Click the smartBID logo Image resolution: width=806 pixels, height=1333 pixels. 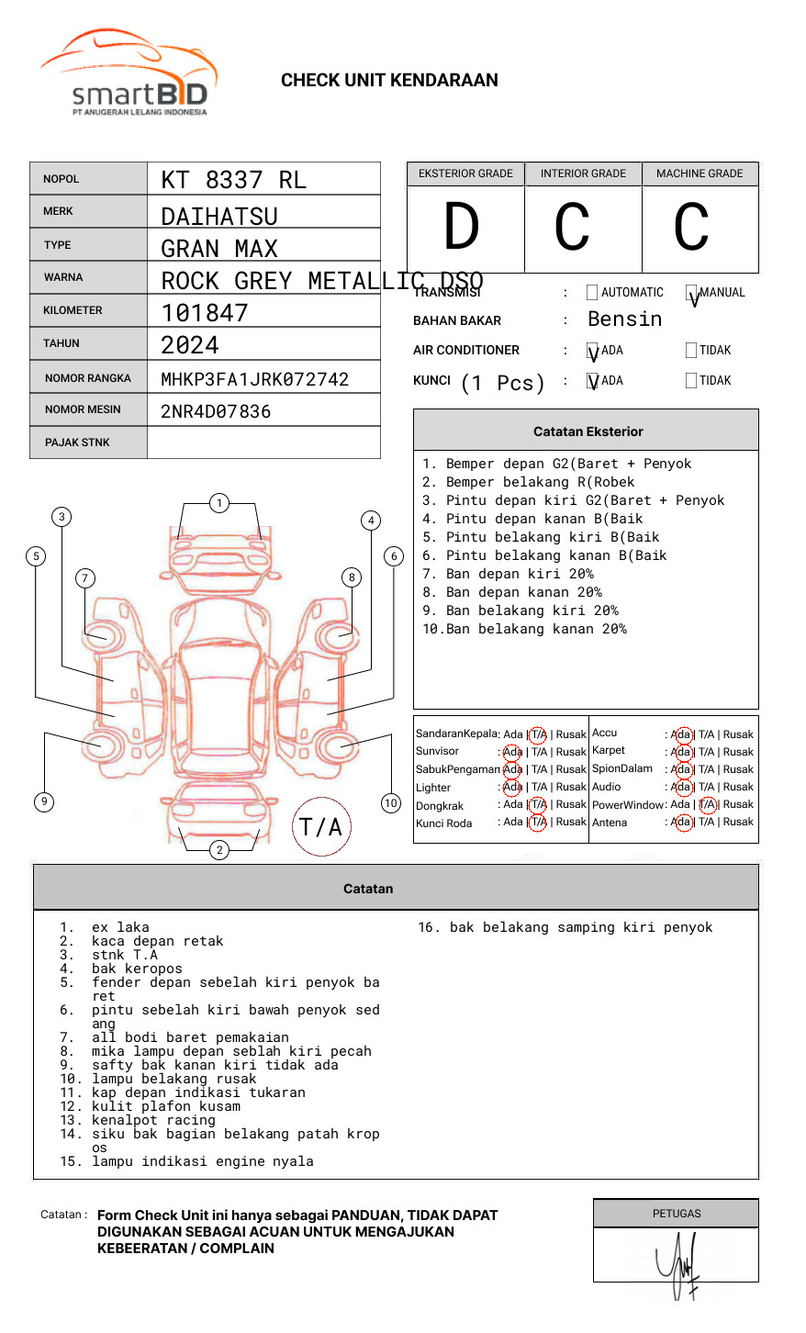[x=129, y=73]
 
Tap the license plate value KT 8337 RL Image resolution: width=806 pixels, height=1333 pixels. [x=233, y=180]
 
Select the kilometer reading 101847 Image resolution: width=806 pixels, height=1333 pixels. [x=204, y=313]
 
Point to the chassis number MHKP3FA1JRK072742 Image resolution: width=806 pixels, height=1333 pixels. [x=254, y=379]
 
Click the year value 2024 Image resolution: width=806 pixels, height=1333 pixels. [x=189, y=346]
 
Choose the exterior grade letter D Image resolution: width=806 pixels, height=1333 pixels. [x=462, y=227]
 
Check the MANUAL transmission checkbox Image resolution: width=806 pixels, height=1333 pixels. [x=691, y=293]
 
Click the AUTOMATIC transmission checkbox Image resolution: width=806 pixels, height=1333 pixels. [x=592, y=293]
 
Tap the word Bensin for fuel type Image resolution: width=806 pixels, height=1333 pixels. [x=624, y=319]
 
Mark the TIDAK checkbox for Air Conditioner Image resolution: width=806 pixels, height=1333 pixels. [x=691, y=351]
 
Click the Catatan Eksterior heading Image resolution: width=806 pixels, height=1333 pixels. [x=588, y=431]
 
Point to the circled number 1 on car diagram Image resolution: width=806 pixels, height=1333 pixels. [x=218, y=503]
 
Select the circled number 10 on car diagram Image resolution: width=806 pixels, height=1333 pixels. [x=391, y=803]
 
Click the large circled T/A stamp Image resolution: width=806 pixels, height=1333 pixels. [x=321, y=827]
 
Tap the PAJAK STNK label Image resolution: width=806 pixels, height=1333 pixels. [x=77, y=442]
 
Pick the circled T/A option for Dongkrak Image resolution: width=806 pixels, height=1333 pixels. [x=538, y=804]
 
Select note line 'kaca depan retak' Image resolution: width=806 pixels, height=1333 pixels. [x=157, y=941]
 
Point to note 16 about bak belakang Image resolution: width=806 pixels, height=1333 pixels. [x=565, y=927]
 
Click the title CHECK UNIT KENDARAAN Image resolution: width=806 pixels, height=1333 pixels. [x=389, y=81]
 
